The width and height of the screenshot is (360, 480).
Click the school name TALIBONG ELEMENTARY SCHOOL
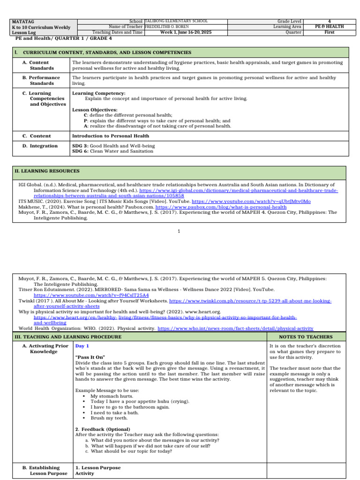coord(176,21)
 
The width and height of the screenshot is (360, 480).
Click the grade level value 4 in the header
coord(329,21)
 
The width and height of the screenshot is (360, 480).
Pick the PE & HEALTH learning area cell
coord(329,27)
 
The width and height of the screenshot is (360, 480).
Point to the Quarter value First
coord(329,32)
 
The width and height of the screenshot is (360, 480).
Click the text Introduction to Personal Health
coord(110,136)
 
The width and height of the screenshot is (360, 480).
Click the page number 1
coord(179,231)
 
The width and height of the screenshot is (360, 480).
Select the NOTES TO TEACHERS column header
coord(306,337)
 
